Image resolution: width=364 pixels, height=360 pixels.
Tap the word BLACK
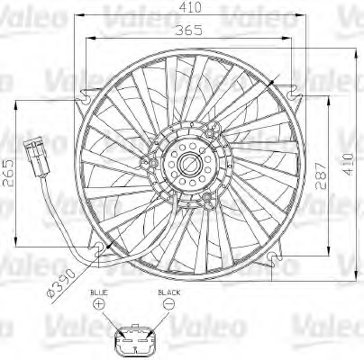(x=168, y=293)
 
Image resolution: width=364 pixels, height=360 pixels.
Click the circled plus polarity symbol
(x=98, y=306)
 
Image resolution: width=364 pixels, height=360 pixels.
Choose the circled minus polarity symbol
(x=168, y=306)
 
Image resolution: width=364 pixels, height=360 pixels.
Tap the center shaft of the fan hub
(x=192, y=164)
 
